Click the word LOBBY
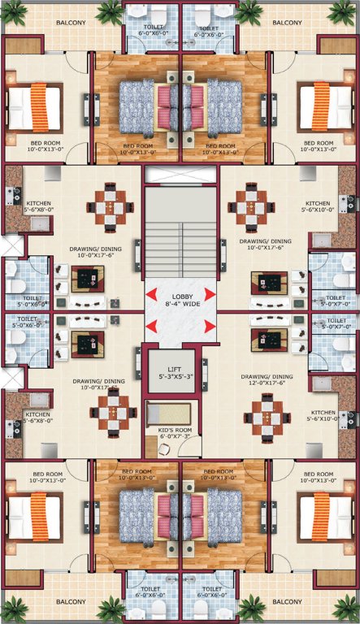coord(180,297)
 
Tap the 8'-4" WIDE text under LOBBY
coord(180,306)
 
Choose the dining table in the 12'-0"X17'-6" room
coord(267,419)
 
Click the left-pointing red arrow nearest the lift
coord(152,327)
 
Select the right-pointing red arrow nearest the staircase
coord(210,293)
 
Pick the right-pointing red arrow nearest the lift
coord(210,327)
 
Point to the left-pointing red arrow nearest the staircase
coord(152,293)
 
